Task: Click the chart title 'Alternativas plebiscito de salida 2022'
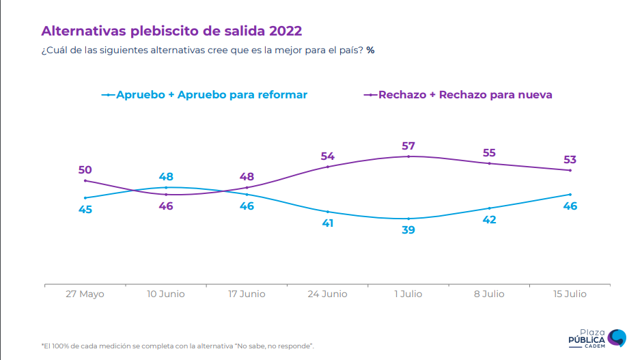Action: point(171,31)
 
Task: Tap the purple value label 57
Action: point(408,146)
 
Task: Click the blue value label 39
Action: point(408,230)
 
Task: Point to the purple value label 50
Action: point(85,170)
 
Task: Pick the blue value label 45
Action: point(85,209)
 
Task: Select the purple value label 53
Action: point(570,160)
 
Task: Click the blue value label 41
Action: point(328,223)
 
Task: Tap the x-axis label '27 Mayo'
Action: point(85,294)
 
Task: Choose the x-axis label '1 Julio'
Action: point(408,294)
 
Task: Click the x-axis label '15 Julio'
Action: point(570,294)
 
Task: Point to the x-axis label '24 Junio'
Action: point(328,294)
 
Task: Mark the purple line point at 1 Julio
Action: point(408,156)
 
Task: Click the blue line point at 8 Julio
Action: point(489,208)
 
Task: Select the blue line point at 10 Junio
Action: point(166,187)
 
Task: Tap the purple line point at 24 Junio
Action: point(328,167)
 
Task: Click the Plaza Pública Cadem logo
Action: point(597,337)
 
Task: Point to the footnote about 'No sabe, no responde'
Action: point(178,346)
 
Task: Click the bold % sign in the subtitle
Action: point(369,51)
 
